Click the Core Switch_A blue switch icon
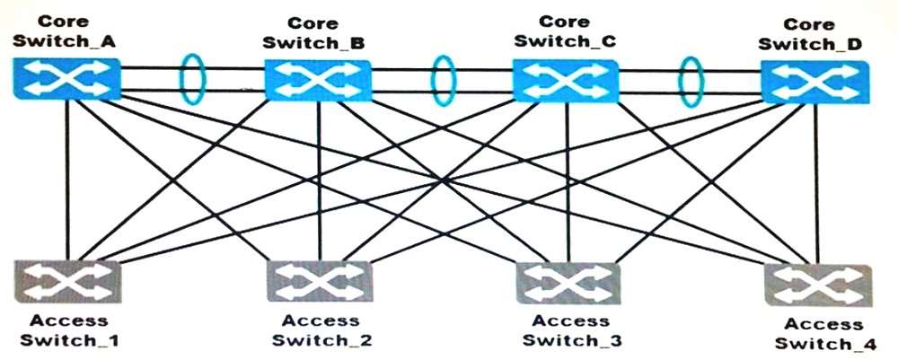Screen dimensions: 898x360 [66, 78]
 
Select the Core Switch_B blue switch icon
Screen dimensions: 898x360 [318, 81]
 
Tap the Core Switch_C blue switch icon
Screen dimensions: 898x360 [566, 81]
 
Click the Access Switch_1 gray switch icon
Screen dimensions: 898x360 [67, 280]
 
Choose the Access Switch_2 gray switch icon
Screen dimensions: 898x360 [321, 282]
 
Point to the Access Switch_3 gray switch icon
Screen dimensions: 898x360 [568, 282]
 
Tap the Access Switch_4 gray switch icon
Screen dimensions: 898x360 [818, 285]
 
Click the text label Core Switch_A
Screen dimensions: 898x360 [64, 31]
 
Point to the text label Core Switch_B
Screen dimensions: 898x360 [313, 32]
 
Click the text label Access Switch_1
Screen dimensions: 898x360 [69, 329]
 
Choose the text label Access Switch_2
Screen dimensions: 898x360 [321, 330]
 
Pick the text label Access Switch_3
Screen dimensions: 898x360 [571, 330]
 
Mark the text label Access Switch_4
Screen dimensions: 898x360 [824, 334]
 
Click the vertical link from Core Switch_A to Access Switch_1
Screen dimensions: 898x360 [67, 180]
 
